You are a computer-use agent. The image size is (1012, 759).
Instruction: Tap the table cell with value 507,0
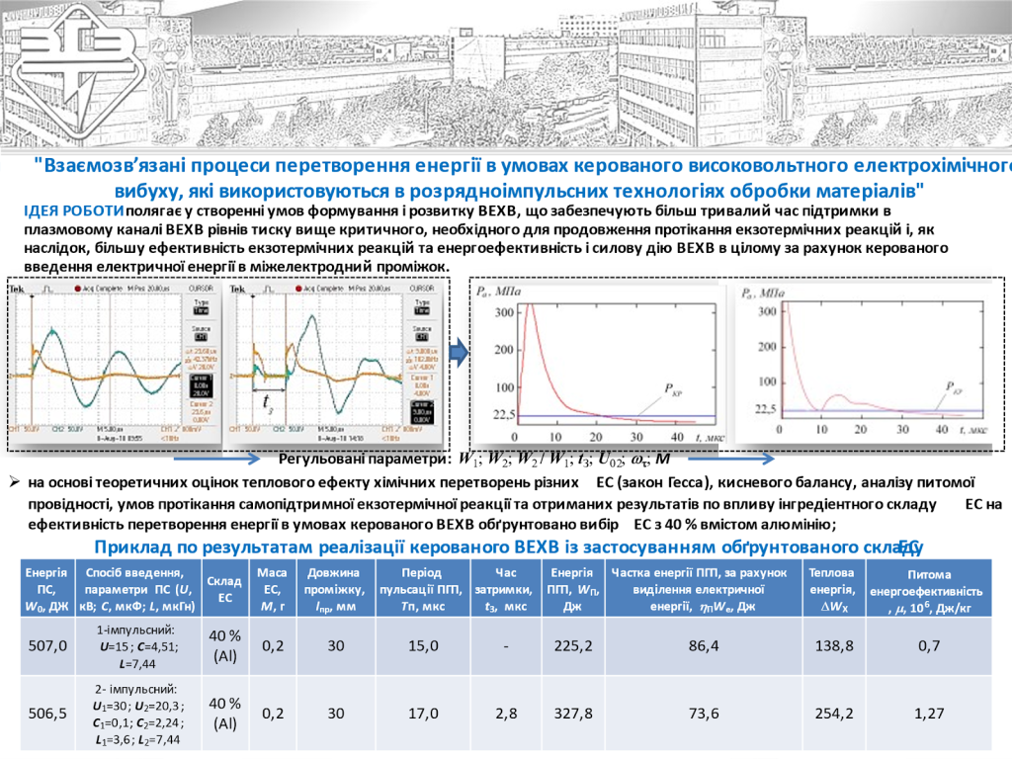click(46, 646)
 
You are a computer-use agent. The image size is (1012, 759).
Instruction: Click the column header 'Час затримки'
click(506, 588)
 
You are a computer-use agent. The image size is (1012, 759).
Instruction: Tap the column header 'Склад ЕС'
click(225, 588)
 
